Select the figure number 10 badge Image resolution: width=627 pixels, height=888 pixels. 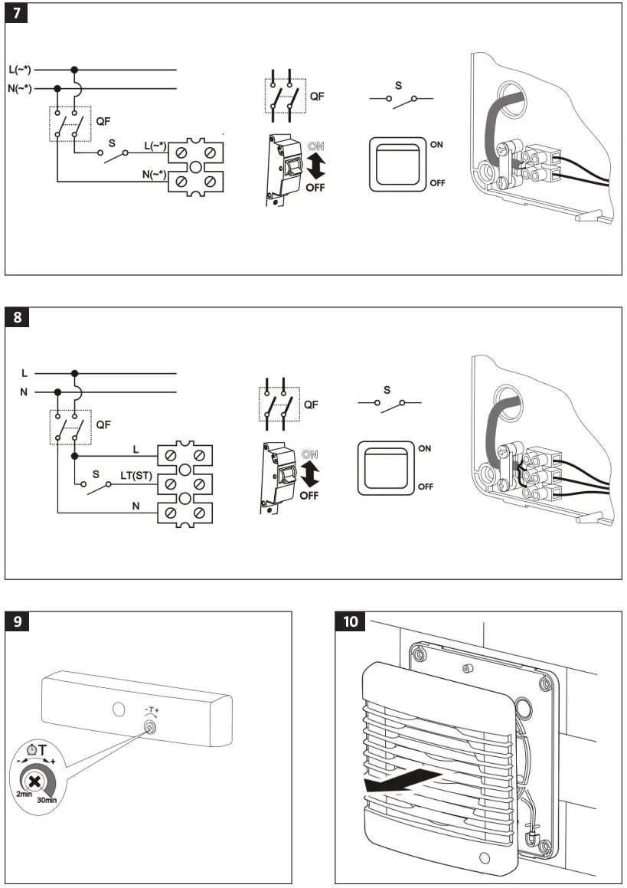pyautogui.click(x=351, y=621)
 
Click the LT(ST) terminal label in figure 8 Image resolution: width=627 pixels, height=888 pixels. pyautogui.click(x=136, y=476)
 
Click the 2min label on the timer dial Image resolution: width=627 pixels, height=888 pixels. pyautogui.click(x=22, y=795)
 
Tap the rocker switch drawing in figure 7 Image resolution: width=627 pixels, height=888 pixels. pyautogui.click(x=397, y=163)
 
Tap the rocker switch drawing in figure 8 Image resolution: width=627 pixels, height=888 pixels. pyautogui.click(x=387, y=467)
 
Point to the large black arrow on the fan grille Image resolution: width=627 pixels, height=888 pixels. pyautogui.click(x=402, y=782)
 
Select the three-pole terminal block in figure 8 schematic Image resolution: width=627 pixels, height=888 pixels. pyautogui.click(x=185, y=483)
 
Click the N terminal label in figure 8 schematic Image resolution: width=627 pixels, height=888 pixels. pyautogui.click(x=136, y=506)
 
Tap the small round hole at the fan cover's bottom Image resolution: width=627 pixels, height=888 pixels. pyautogui.click(x=484, y=856)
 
